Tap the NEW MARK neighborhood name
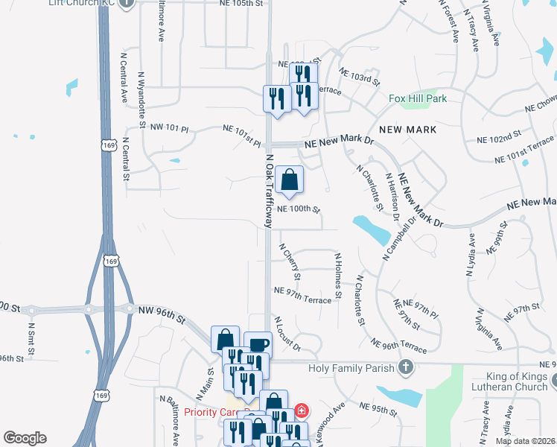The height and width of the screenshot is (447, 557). tap(407, 130)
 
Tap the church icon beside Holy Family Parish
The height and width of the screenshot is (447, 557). tap(405, 367)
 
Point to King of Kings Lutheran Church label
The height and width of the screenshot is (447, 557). tap(516, 381)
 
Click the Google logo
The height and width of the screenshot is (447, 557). tap(25, 438)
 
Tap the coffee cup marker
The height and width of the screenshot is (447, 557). tap(258, 345)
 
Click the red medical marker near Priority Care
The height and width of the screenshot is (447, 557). tap(301, 410)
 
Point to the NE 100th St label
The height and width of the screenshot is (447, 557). tap(298, 210)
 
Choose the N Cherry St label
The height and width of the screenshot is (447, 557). tap(290, 261)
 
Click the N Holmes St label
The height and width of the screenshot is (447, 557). tap(337, 275)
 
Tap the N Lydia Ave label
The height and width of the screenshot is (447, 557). tap(471, 256)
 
